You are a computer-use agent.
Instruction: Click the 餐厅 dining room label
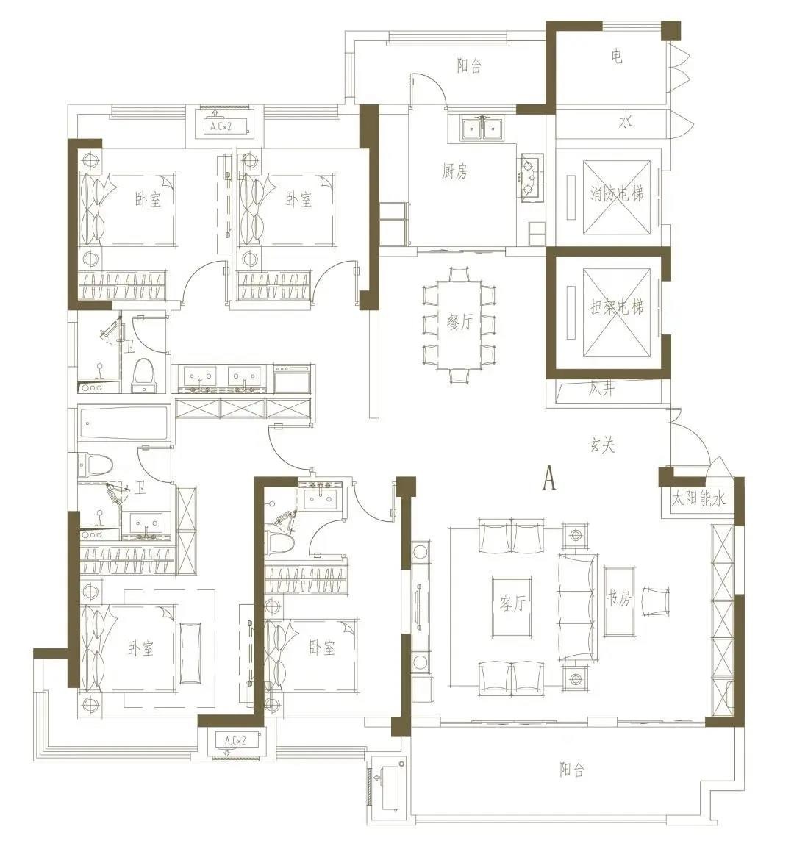[x=459, y=322]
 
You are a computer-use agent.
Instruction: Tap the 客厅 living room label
[x=512, y=603]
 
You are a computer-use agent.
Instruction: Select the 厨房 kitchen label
[x=454, y=171]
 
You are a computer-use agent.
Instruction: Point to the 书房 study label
[x=619, y=598]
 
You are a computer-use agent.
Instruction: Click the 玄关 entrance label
[x=601, y=445]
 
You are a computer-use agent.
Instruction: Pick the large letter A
[x=549, y=478]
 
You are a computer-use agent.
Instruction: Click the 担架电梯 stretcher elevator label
[x=617, y=307]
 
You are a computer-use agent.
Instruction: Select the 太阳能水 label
[x=698, y=498]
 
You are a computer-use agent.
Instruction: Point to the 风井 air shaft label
[x=602, y=388]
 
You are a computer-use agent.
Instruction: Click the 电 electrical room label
[x=617, y=56]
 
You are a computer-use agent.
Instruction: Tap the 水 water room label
[x=626, y=122]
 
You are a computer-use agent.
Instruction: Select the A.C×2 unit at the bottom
[x=235, y=742]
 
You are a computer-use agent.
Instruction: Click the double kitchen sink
[x=482, y=129]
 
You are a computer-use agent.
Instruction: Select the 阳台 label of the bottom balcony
[x=572, y=769]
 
